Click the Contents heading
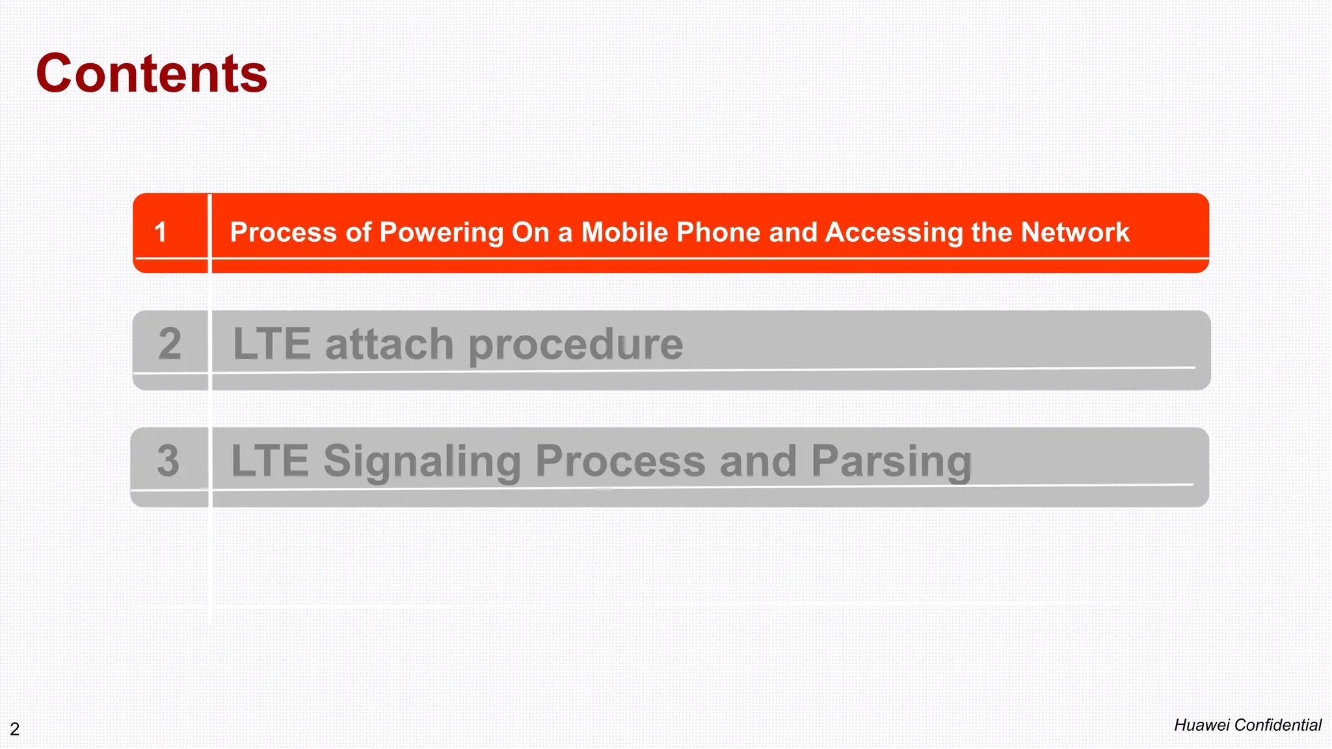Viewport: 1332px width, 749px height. tap(152, 73)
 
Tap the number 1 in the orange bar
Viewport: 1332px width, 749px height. tap(161, 232)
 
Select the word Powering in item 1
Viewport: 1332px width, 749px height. tap(441, 233)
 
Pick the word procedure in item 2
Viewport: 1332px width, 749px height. tap(576, 345)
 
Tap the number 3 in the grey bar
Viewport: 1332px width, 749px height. tap(168, 460)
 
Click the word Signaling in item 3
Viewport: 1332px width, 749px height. tap(422, 462)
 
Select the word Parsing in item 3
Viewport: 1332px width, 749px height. tap(891, 462)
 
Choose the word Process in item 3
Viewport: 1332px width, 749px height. tap(620, 460)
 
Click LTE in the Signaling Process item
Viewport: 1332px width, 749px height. tap(270, 460)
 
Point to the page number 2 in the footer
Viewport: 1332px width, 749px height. tap(14, 729)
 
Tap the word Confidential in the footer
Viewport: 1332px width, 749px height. tap(1278, 725)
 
